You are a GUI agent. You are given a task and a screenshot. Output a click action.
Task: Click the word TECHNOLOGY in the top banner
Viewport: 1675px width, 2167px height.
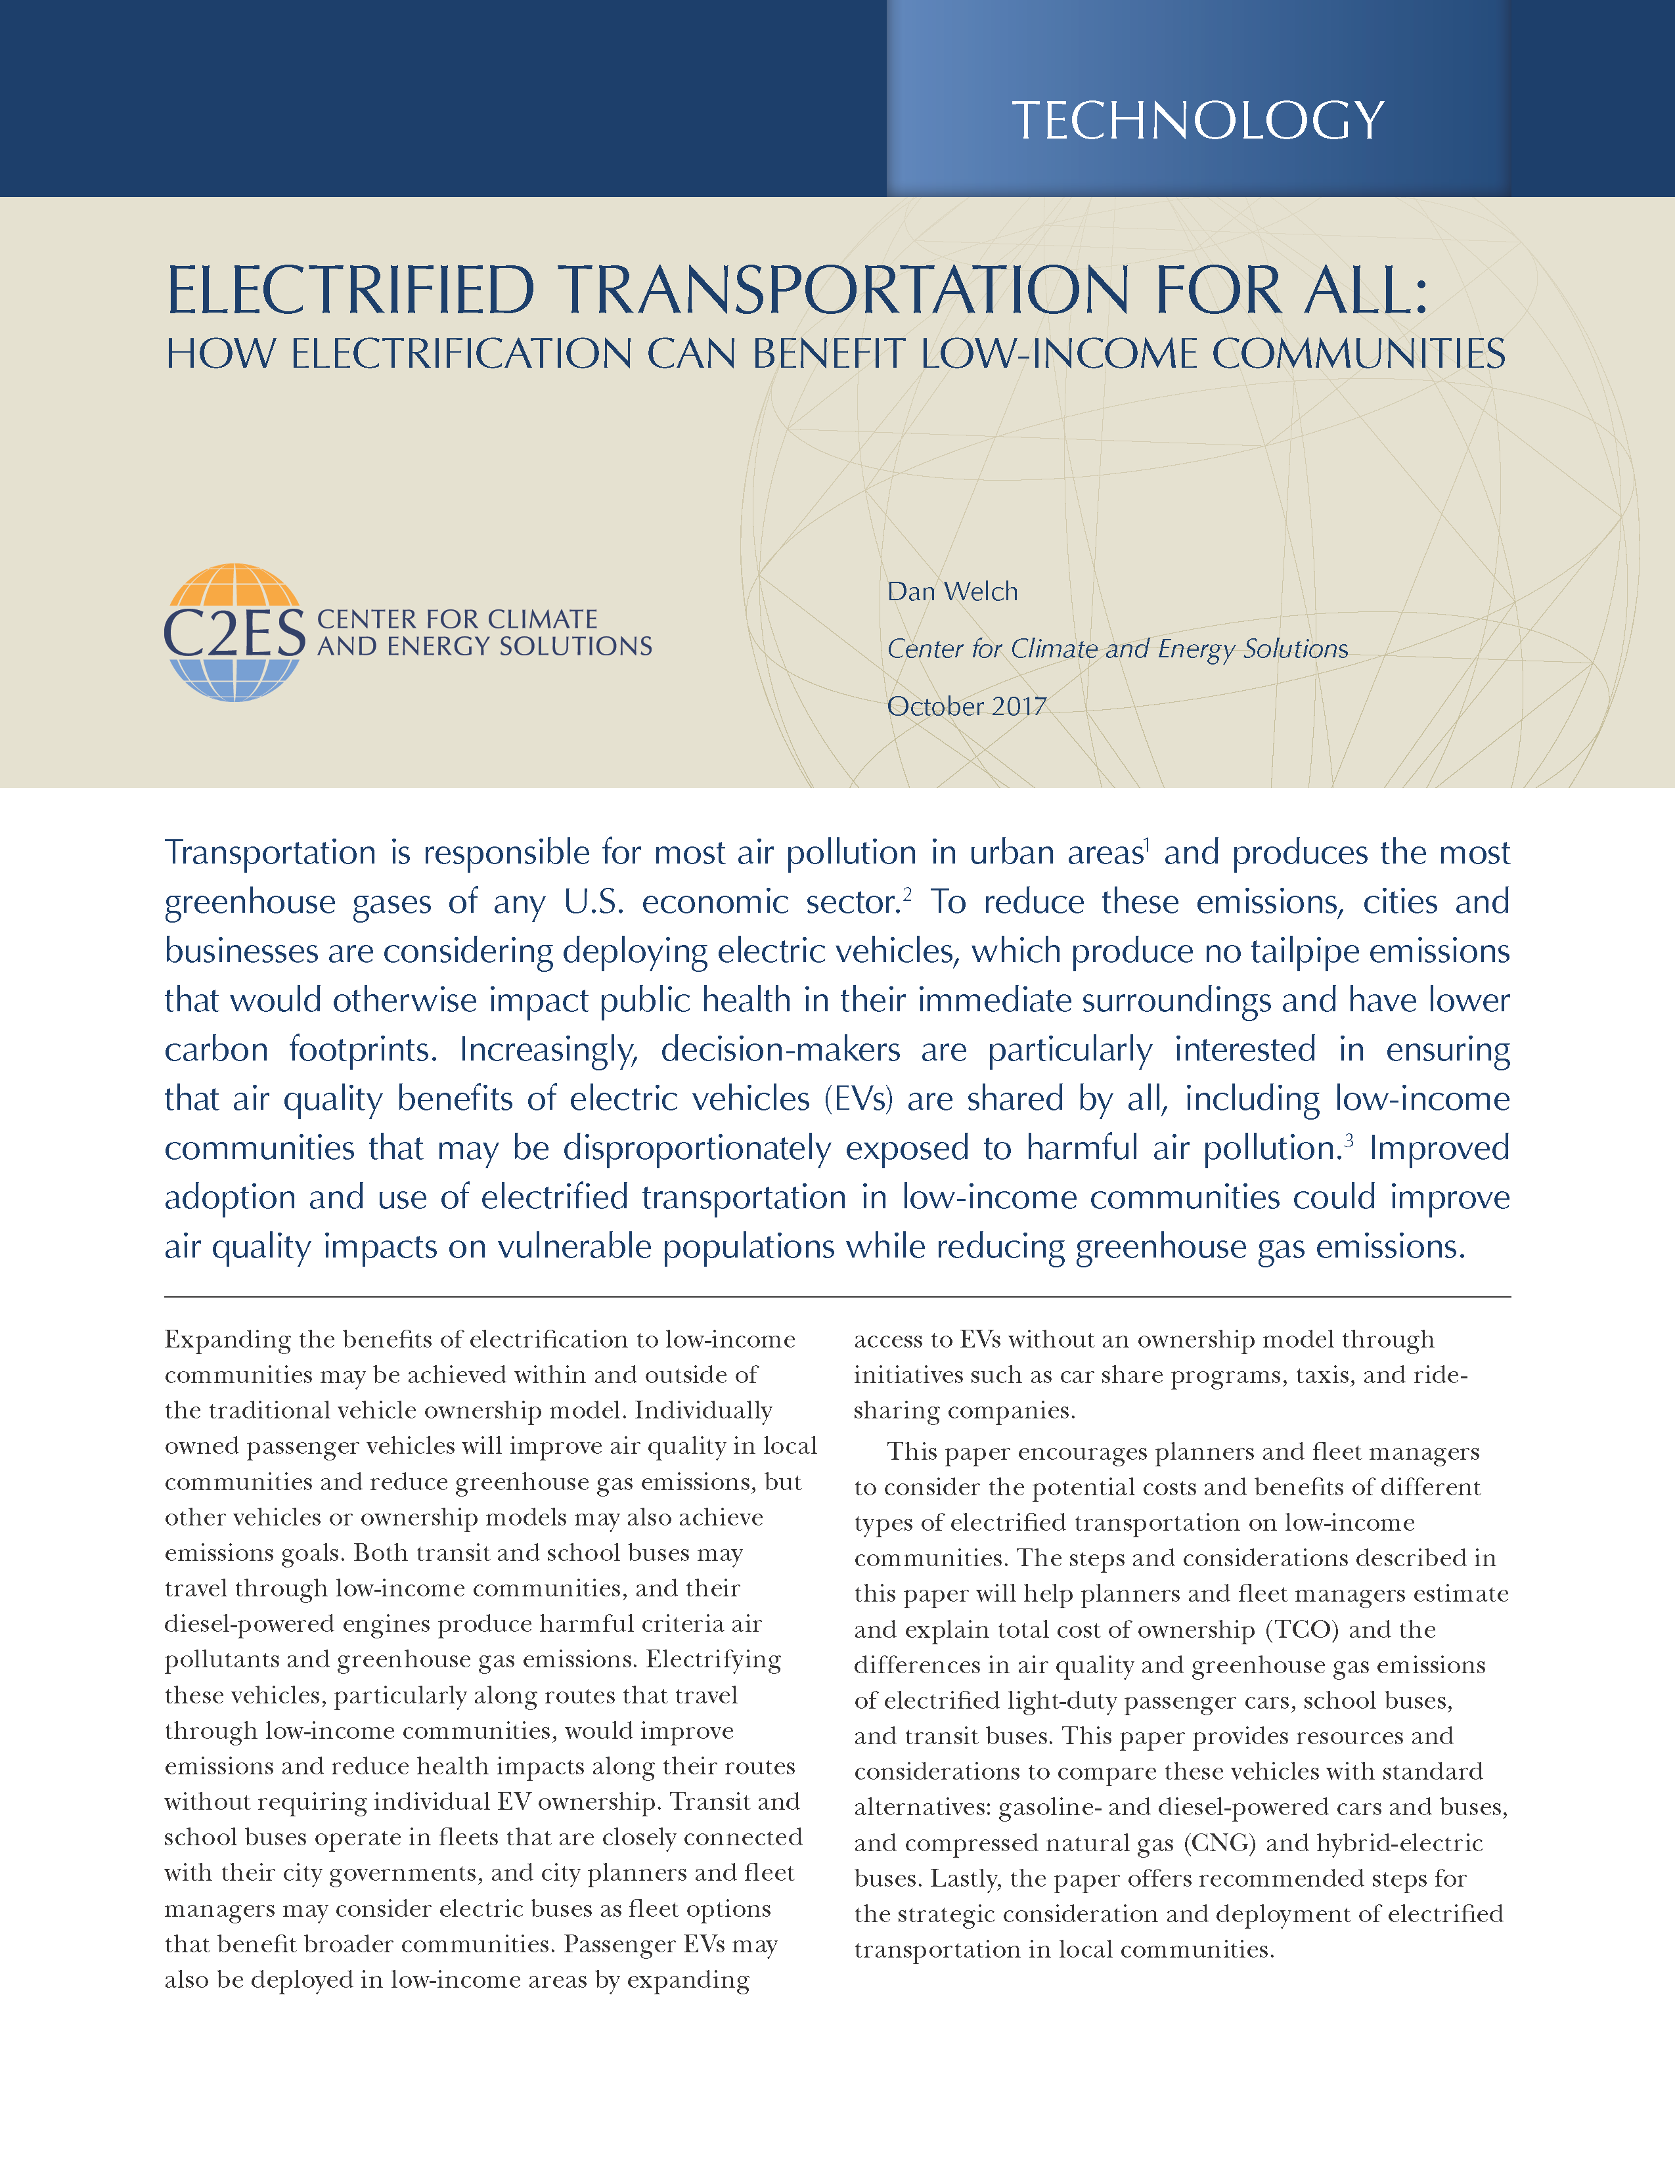click(x=1197, y=121)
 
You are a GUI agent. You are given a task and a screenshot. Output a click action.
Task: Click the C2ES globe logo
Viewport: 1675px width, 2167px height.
click(x=234, y=632)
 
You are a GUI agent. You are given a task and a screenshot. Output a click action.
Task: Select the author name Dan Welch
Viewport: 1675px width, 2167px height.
click(x=952, y=592)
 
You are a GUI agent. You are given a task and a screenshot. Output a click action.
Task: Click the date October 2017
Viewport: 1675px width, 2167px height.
click(x=966, y=707)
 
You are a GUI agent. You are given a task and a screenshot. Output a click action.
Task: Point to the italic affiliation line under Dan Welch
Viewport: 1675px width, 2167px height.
click(x=1116, y=649)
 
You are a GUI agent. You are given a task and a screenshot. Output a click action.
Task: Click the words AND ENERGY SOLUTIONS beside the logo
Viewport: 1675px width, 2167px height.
click(x=484, y=646)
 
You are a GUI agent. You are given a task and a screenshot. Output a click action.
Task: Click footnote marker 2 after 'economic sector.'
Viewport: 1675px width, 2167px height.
click(x=907, y=893)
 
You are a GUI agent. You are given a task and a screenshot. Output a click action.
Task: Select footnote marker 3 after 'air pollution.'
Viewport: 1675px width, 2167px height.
click(x=1349, y=1139)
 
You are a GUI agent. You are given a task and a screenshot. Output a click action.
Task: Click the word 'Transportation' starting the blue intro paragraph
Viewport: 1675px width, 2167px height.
click(x=270, y=852)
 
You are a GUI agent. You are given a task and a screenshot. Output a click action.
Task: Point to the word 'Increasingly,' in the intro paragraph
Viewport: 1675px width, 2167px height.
click(x=548, y=1050)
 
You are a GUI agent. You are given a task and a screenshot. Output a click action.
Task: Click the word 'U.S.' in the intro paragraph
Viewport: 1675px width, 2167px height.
click(x=593, y=902)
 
